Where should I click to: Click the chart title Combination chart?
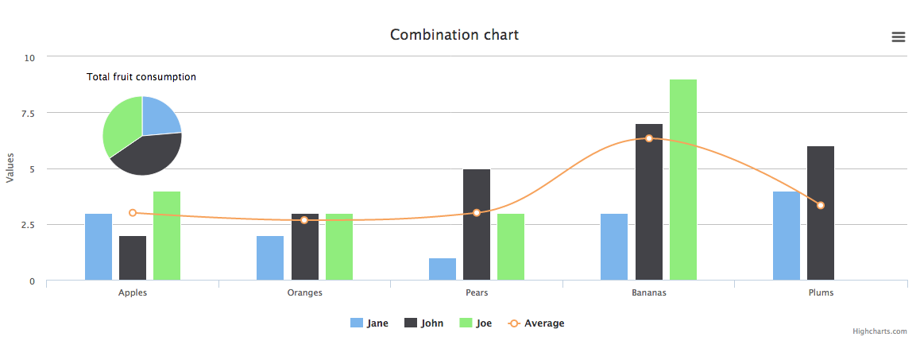click(454, 35)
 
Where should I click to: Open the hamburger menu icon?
click(899, 37)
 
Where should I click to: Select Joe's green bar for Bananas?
click(683, 180)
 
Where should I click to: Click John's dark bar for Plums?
click(821, 213)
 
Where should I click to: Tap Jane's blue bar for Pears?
click(443, 269)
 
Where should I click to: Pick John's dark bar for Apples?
click(133, 258)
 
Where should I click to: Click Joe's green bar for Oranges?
click(339, 247)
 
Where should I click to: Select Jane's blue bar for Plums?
click(787, 236)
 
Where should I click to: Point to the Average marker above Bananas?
click(649, 138)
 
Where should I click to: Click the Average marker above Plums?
click(821, 206)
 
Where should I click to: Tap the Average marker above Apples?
click(133, 213)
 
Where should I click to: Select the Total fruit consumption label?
click(141, 77)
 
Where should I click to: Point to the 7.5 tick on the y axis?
click(29, 113)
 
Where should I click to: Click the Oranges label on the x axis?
click(304, 292)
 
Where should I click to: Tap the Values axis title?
click(10, 168)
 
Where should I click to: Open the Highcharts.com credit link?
click(879, 331)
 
